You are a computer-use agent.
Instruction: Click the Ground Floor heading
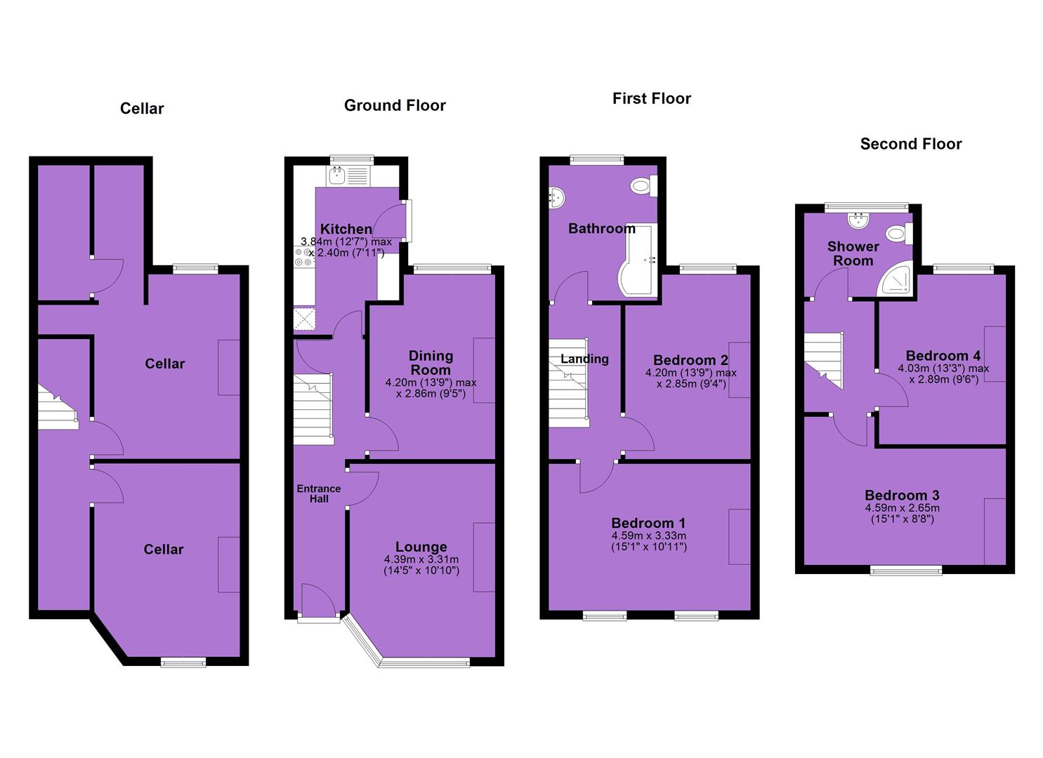click(x=395, y=105)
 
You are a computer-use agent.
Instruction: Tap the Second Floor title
click(x=911, y=144)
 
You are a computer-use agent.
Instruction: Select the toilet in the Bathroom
click(x=644, y=186)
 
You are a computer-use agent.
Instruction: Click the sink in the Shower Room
click(x=859, y=221)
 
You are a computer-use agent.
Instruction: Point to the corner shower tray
click(x=894, y=279)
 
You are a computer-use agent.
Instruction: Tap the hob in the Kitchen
click(x=304, y=258)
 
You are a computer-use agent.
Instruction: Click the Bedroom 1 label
click(x=648, y=523)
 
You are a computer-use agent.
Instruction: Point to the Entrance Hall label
click(x=319, y=493)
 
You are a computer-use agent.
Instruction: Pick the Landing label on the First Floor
click(x=584, y=359)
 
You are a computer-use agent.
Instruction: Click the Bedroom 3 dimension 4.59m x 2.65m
click(x=902, y=508)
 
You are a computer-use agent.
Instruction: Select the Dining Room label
click(x=431, y=363)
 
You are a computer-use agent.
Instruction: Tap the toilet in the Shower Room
click(x=898, y=232)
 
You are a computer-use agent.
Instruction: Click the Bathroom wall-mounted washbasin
click(x=557, y=197)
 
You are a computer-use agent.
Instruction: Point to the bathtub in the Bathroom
click(x=638, y=260)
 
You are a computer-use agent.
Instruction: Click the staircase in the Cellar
click(x=58, y=407)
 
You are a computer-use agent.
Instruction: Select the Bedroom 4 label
click(x=943, y=356)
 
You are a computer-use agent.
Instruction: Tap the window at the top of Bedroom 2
click(x=708, y=269)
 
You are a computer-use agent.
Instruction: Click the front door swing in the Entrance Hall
click(x=318, y=600)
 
